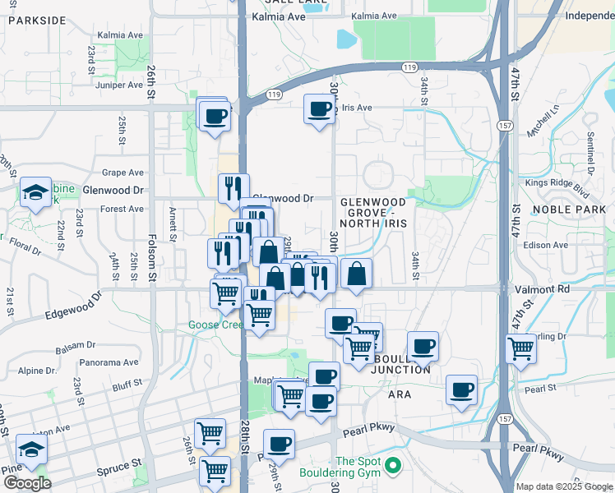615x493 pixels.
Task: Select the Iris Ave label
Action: pyautogui.click(x=358, y=108)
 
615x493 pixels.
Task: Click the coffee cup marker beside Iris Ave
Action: pyautogui.click(x=319, y=108)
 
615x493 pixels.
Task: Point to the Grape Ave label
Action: pyautogui.click(x=123, y=173)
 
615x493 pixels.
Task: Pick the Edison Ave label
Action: pyautogui.click(x=549, y=245)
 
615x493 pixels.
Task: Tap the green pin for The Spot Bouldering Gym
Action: pyautogui.click(x=393, y=467)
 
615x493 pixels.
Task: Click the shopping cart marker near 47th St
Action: pyautogui.click(x=520, y=348)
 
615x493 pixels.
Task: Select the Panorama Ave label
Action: pyautogui.click(x=109, y=362)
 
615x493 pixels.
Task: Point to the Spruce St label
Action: pyautogui.click(x=112, y=468)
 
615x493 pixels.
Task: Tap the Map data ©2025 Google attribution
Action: pyautogui.click(x=563, y=486)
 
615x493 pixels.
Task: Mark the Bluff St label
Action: pyautogui.click(x=127, y=383)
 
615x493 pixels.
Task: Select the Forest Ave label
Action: pyautogui.click(x=122, y=209)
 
